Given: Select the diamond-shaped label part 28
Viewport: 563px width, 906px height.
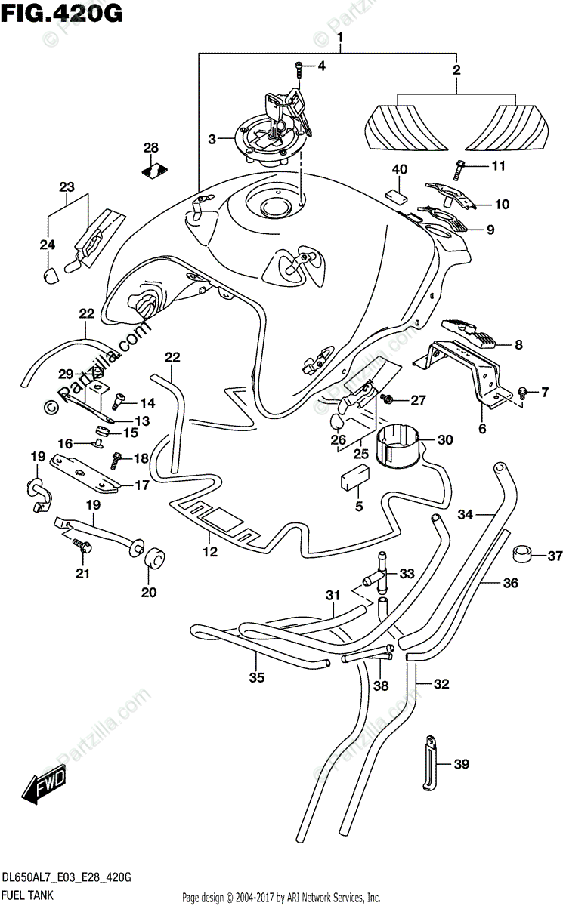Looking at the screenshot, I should tap(155, 171).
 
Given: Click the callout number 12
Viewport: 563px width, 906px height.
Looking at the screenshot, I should tap(209, 552).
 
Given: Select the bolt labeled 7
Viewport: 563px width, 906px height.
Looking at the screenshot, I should tap(521, 391).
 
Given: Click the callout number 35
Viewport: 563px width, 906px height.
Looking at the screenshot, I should tap(257, 677).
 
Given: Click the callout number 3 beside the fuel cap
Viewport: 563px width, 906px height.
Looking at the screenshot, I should tap(191, 138).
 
